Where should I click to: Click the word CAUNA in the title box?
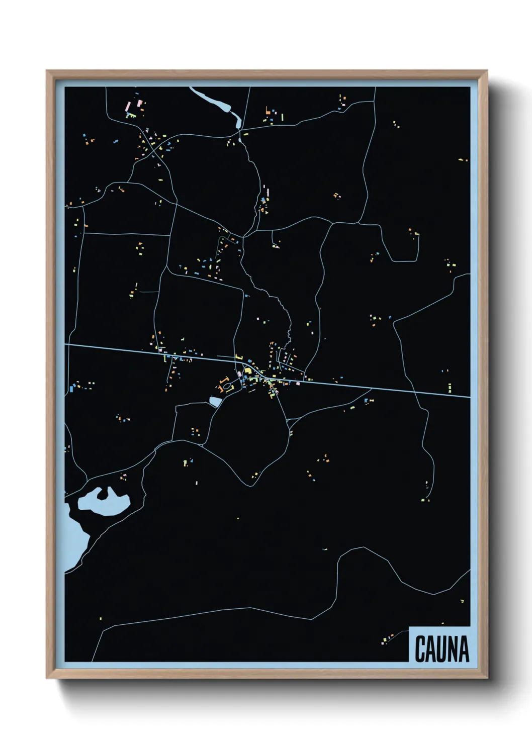tap(441, 648)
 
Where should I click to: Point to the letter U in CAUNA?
tap(441, 648)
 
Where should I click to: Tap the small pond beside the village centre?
tap(215, 402)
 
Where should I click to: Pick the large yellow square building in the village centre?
tap(247, 371)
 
